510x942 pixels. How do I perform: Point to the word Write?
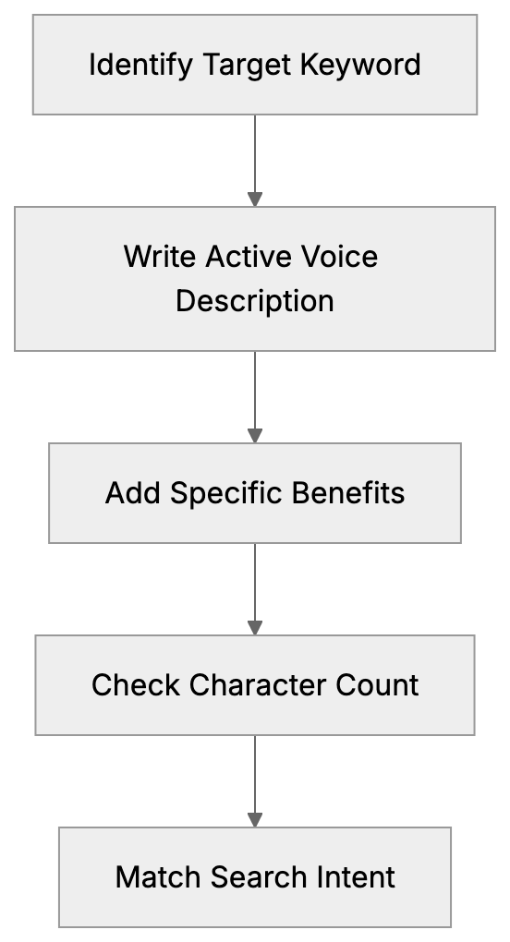[152, 256]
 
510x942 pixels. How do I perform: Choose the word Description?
[255, 301]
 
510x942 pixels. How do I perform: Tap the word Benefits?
[348, 493]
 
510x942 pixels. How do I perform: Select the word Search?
[255, 876]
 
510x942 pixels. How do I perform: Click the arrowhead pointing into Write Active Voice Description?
[255, 199]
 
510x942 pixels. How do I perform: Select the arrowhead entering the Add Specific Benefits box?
[255, 436]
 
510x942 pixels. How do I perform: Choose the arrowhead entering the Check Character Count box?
[255, 628]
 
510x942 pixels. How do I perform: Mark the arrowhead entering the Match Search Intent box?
[255, 820]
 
